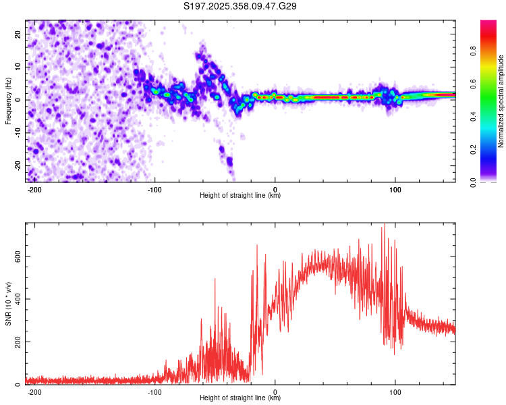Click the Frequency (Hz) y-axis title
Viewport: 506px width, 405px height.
(x=8, y=101)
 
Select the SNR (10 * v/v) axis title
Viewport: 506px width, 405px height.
(x=8, y=304)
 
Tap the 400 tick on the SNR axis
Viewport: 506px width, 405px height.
(x=16, y=299)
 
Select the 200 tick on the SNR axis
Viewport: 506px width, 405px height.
(x=16, y=342)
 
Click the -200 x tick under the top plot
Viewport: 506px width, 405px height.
(x=34, y=188)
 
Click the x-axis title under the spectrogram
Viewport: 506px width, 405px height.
(x=240, y=196)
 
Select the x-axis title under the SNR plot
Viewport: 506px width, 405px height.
(x=240, y=399)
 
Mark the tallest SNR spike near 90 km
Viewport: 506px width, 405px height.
(x=383, y=224)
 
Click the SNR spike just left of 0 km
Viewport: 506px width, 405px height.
(x=257, y=246)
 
